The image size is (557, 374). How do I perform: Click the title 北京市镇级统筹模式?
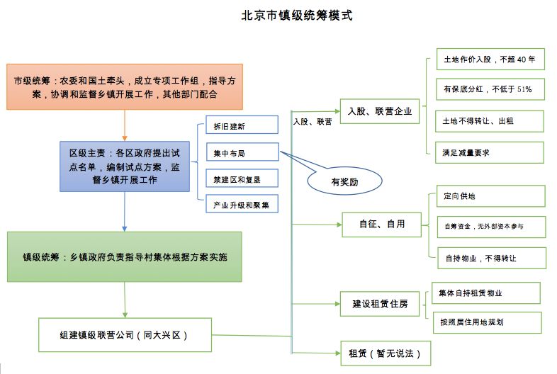297,16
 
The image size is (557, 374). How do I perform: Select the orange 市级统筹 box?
125,86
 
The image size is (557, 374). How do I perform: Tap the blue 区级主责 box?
125,166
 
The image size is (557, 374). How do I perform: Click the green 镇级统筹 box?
125,257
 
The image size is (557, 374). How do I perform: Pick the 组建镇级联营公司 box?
125,335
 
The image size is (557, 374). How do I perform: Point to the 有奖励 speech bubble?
344,181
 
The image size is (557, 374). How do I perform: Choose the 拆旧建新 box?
242,125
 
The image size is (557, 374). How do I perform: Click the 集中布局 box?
242,152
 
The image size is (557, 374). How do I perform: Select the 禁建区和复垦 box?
242,178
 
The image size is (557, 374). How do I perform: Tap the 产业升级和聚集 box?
242,204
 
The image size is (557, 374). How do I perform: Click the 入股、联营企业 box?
380,111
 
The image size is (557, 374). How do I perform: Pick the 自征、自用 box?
381,225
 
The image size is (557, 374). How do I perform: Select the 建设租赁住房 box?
380,304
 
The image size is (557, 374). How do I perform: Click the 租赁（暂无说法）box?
386,353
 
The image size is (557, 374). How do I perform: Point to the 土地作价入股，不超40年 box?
490,59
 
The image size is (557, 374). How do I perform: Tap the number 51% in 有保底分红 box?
524,89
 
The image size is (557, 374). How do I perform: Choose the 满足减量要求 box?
490,153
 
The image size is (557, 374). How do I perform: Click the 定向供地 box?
491,196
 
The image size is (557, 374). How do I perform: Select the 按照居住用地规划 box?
488,322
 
